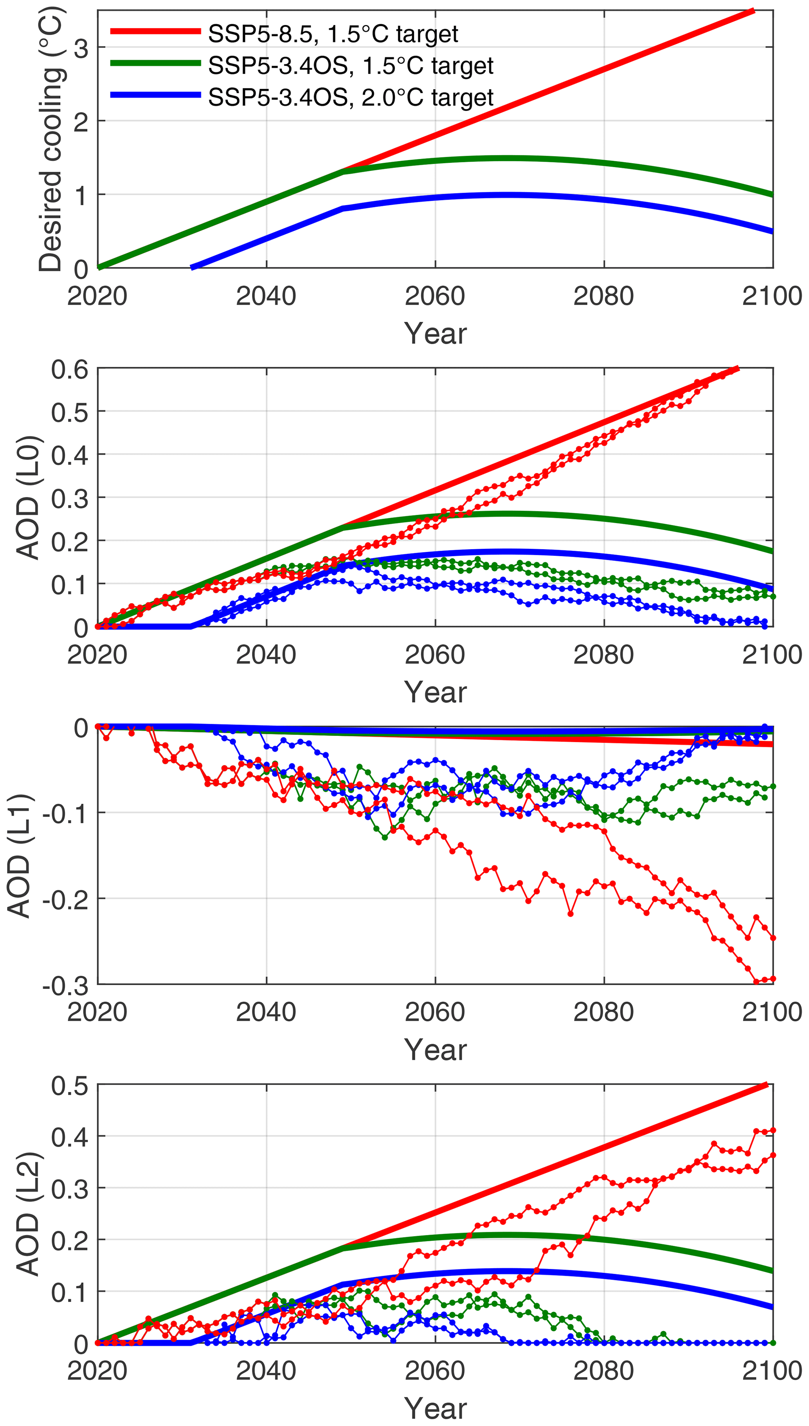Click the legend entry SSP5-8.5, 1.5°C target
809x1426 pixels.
coord(332,34)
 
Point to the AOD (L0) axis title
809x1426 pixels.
coord(28,497)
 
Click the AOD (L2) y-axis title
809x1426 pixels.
coord(28,1214)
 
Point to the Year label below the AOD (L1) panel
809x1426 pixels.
coord(435,1050)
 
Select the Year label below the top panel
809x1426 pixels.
coord(435,334)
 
